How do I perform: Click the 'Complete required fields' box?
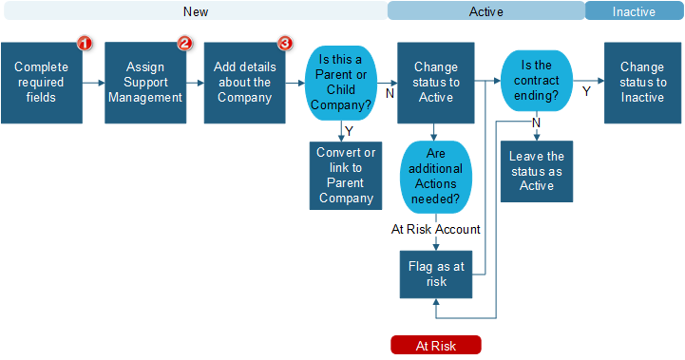point(40,83)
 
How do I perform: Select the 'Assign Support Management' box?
point(144,83)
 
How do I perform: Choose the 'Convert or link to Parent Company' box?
point(346,176)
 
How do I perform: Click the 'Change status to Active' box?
point(436,83)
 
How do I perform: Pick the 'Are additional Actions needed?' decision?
point(436,177)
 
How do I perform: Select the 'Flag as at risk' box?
point(436,275)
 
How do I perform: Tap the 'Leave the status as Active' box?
point(537,171)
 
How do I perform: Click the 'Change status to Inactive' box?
point(642,83)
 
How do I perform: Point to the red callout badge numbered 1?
point(84,44)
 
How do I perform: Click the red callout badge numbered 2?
point(185,44)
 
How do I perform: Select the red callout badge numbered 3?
point(284,44)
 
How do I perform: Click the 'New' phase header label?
point(195,11)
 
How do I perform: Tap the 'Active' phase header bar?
point(485,11)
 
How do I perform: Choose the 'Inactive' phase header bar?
point(634,11)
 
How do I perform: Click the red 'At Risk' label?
point(436,346)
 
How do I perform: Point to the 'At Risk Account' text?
point(436,229)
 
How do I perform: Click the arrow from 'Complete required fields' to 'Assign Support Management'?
point(92,83)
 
